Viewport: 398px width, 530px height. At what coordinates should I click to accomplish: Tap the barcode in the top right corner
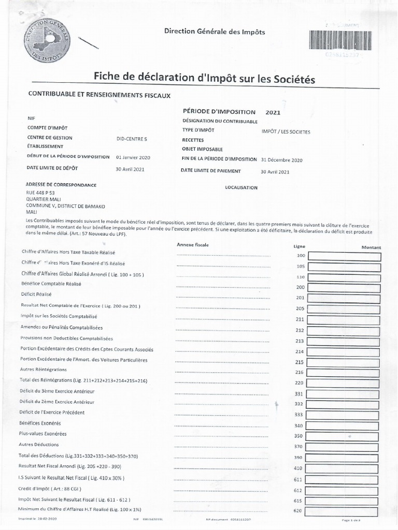click(x=340, y=40)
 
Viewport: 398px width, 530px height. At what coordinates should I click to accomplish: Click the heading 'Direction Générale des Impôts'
click(x=215, y=32)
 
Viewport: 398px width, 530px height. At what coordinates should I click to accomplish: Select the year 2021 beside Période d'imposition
click(x=273, y=112)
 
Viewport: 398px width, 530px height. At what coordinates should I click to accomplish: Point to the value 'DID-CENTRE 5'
click(x=132, y=138)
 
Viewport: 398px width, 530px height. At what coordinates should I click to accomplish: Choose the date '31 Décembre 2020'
click(x=282, y=160)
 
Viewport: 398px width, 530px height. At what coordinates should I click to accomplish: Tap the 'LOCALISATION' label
click(x=241, y=187)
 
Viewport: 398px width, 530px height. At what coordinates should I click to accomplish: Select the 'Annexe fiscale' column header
click(x=192, y=244)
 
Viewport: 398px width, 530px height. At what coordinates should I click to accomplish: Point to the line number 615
click(x=297, y=500)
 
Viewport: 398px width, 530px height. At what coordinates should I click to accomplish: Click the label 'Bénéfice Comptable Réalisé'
click(x=51, y=284)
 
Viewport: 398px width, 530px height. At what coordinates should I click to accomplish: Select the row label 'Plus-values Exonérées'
click(x=42, y=433)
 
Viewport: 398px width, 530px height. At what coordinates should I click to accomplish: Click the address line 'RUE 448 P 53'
click(x=40, y=192)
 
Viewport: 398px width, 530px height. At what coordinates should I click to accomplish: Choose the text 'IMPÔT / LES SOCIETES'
click(x=286, y=132)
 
